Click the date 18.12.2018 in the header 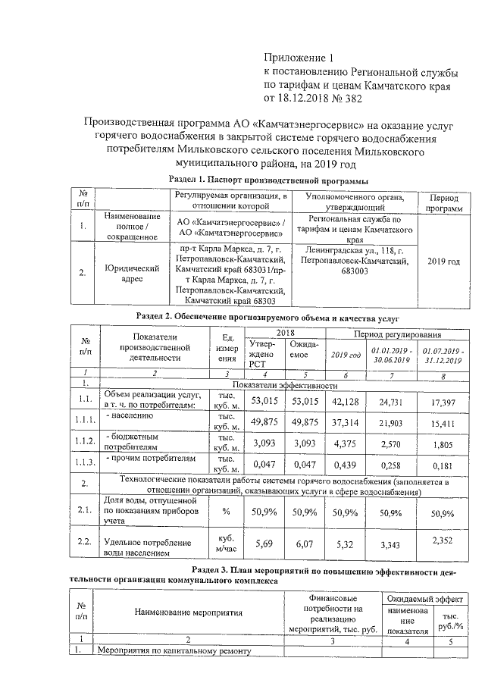click(x=306, y=98)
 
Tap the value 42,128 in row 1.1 click(x=340, y=399)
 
